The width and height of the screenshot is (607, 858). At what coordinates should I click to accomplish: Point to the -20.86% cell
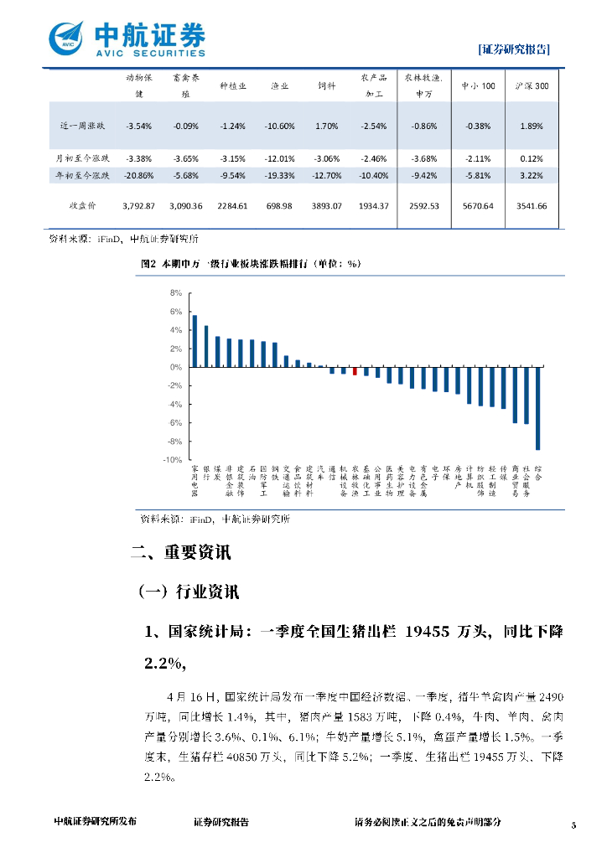(x=138, y=175)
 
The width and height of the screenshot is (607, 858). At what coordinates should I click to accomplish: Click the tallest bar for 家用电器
(x=195, y=341)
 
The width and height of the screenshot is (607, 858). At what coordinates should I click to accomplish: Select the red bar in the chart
(x=355, y=371)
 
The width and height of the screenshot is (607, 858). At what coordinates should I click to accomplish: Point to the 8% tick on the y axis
(x=176, y=293)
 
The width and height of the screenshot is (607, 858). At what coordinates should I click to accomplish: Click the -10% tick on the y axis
(x=174, y=460)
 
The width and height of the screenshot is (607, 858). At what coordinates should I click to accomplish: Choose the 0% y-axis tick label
(x=176, y=367)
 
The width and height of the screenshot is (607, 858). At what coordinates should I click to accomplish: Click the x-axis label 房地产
(x=458, y=478)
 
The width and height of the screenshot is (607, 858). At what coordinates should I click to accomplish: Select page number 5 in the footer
(x=574, y=825)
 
